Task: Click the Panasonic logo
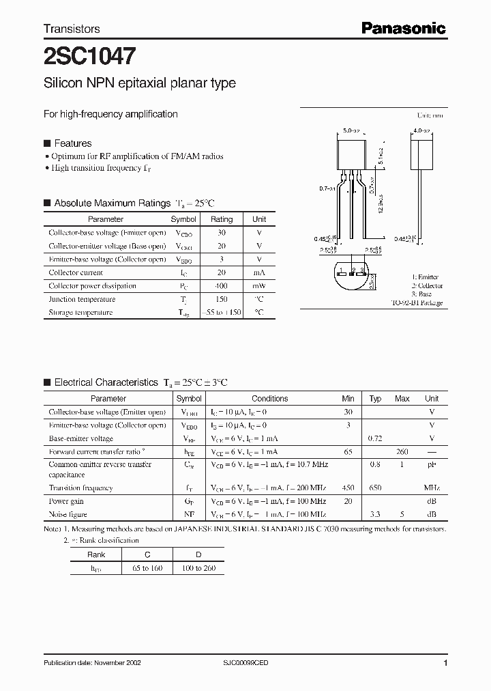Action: [403, 28]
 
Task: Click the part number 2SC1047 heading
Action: [89, 55]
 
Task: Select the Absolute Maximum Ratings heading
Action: [112, 203]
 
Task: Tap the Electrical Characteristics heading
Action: [106, 382]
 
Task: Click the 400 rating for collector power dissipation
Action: [221, 286]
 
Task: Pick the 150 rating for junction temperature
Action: [221, 299]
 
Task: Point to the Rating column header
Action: [221, 219]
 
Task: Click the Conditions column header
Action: [269, 399]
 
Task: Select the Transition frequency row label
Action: [80, 488]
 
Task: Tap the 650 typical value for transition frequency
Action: [375, 488]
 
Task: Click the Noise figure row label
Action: [68, 514]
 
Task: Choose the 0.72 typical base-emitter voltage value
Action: [375, 438]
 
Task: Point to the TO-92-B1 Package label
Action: [417, 302]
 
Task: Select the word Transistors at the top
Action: [72, 29]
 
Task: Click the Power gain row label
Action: [67, 501]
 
